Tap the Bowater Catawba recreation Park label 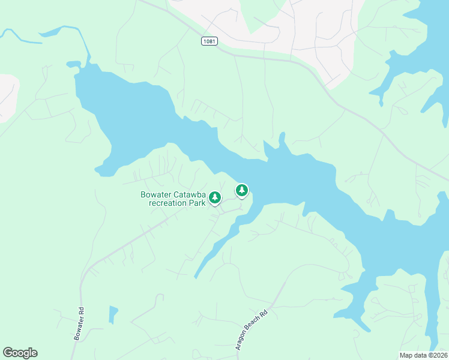(173, 199)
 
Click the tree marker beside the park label (215, 197)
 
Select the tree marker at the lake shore (241, 191)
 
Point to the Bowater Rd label (78, 325)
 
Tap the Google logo (20, 353)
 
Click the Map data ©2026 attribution (423, 355)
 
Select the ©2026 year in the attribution (436, 355)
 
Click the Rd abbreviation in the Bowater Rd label (80, 312)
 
